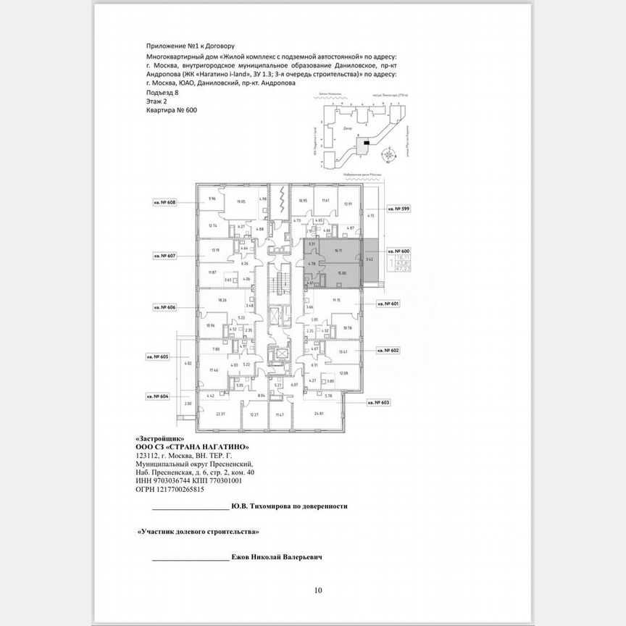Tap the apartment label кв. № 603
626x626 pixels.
pyautogui.click(x=379, y=402)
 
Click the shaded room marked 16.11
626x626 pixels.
pyautogui.click(x=338, y=251)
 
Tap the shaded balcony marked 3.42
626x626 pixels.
pyautogui.click(x=370, y=259)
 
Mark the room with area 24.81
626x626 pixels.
pyautogui.click(x=318, y=414)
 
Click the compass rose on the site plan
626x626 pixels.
pyautogui.click(x=391, y=154)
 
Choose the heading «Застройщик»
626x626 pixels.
pyautogui.click(x=160, y=439)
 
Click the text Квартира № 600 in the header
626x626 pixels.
pyautogui.click(x=171, y=111)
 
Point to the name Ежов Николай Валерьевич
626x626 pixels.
pyautogui.click(x=277, y=558)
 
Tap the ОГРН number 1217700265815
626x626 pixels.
pyautogui.click(x=165, y=489)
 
